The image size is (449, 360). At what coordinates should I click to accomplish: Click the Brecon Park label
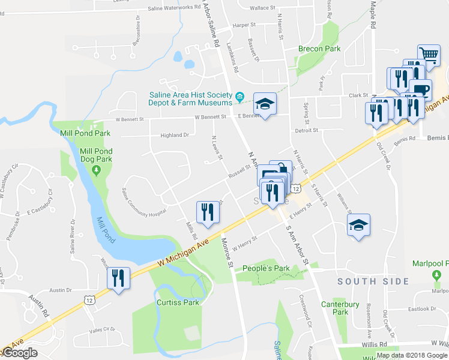(x=319, y=49)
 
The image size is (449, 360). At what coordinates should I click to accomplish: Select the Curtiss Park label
(x=178, y=302)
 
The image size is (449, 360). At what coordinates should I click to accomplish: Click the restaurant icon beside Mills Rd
(x=207, y=212)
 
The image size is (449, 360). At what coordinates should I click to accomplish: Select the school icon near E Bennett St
(x=264, y=104)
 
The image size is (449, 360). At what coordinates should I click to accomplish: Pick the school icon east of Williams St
(x=359, y=226)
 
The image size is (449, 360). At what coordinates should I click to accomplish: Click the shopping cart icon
(x=429, y=56)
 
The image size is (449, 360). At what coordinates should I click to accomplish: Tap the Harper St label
(x=244, y=25)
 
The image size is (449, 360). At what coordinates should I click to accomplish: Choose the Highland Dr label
(x=174, y=136)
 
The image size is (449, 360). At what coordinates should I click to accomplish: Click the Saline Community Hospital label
(x=143, y=203)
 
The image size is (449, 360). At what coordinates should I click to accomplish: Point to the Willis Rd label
(x=373, y=344)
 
